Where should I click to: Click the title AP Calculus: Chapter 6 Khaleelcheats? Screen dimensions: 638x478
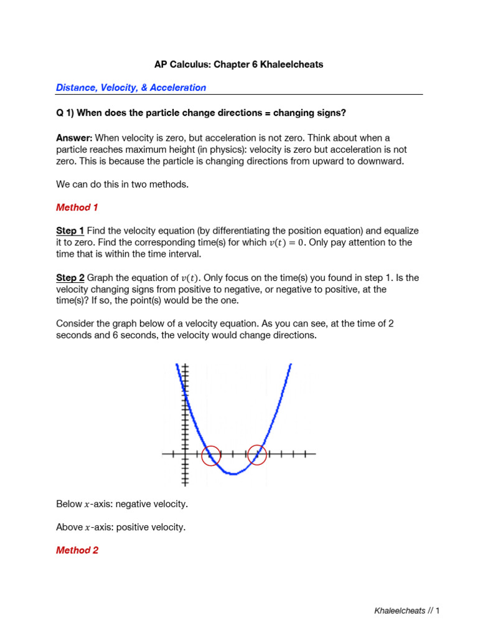[x=238, y=65]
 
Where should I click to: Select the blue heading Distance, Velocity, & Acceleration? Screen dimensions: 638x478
[x=131, y=88]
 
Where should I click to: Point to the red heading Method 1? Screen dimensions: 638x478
[x=77, y=207]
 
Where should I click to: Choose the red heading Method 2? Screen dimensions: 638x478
[x=77, y=550]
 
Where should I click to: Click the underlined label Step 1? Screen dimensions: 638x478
[x=70, y=231]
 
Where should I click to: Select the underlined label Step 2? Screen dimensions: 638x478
[x=70, y=277]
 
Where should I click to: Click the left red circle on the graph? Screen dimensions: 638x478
[x=212, y=455]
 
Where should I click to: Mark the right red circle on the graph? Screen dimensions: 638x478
[x=257, y=455]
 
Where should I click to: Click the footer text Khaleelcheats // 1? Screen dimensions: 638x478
[x=406, y=611]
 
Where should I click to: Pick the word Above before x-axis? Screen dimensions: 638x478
[x=69, y=527]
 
